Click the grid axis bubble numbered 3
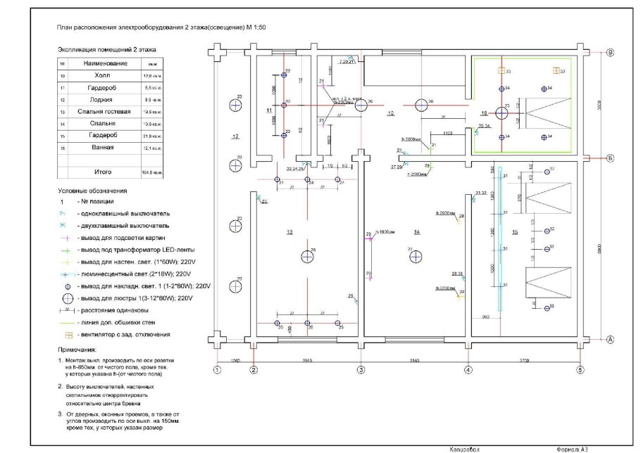[x=361, y=369]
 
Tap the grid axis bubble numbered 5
[x=580, y=369]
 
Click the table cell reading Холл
[x=102, y=75]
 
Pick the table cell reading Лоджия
[x=102, y=99]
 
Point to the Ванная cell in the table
[x=102, y=147]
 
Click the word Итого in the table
[x=103, y=171]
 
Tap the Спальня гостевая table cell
[x=102, y=111]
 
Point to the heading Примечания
[x=78, y=349]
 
